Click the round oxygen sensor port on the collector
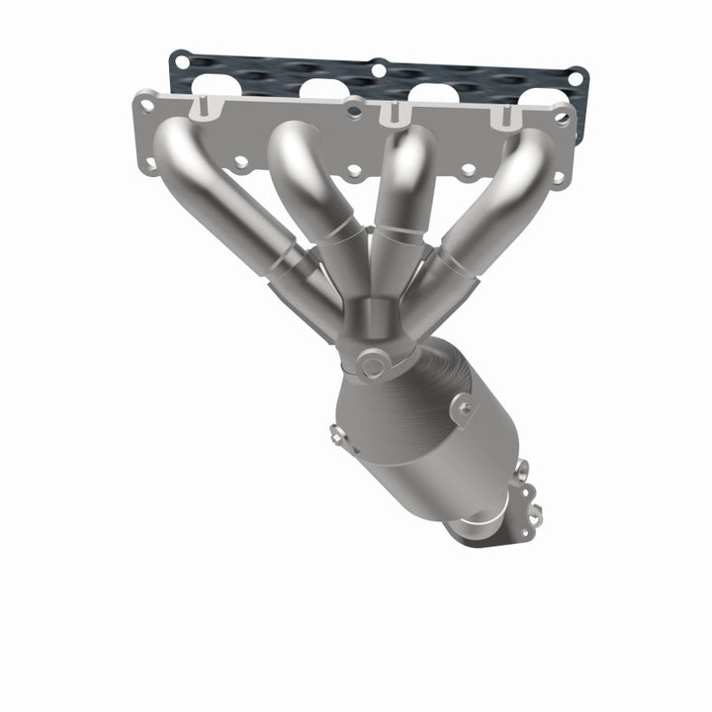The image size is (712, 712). point(373,367)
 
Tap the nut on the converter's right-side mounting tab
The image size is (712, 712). point(463,405)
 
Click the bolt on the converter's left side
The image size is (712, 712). point(337,431)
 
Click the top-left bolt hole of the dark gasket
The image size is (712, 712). point(181,61)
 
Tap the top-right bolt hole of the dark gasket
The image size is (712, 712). point(575,77)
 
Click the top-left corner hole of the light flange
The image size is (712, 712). point(147,103)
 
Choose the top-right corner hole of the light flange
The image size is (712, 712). point(561,118)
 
